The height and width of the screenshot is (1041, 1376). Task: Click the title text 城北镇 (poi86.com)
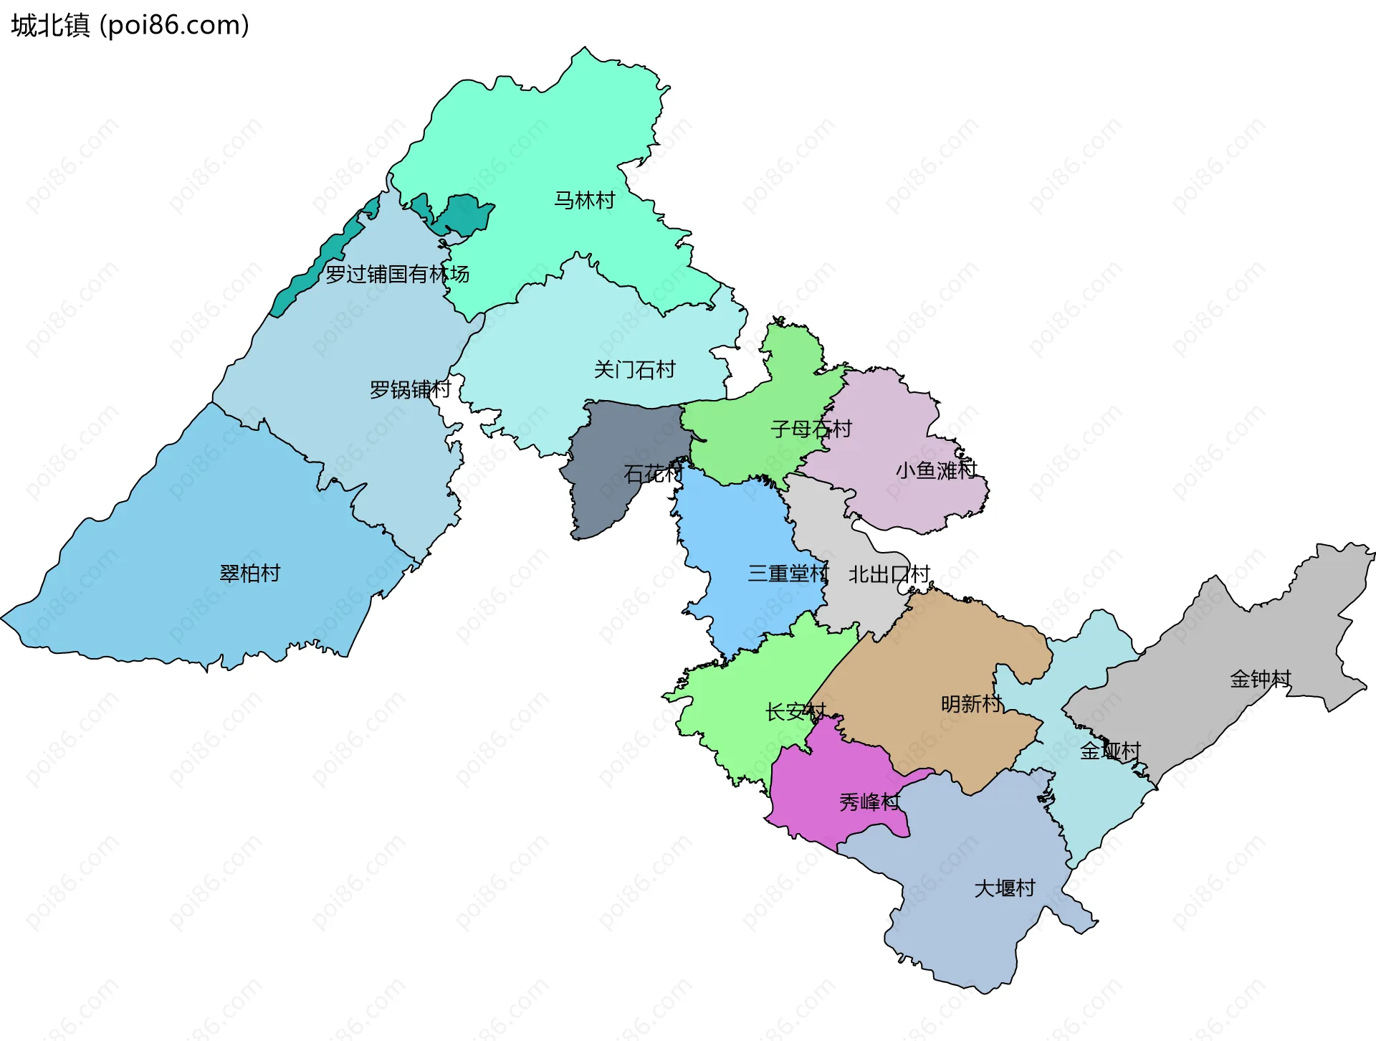[130, 25]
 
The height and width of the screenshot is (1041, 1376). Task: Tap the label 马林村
[584, 200]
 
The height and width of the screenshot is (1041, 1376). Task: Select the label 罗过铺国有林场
[397, 274]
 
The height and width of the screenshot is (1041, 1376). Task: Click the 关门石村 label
[634, 369]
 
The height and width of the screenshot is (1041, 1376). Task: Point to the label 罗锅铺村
[410, 389]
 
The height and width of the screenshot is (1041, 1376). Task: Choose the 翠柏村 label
[249, 573]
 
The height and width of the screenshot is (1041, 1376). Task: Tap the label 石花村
[653, 473]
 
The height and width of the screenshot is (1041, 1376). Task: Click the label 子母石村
[811, 429]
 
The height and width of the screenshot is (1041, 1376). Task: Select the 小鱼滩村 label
[936, 470]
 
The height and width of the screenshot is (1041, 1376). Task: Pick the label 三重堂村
[788, 573]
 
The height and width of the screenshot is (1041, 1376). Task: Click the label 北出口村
[889, 574]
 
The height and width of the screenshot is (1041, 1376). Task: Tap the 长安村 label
[795, 712]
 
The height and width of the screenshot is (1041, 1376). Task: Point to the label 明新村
[971, 703]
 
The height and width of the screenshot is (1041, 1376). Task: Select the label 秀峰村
[869, 802]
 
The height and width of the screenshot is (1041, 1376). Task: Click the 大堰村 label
[1005, 888]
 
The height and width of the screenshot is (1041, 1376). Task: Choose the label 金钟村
[1260, 678]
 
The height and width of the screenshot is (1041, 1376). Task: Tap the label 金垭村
[1110, 751]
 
